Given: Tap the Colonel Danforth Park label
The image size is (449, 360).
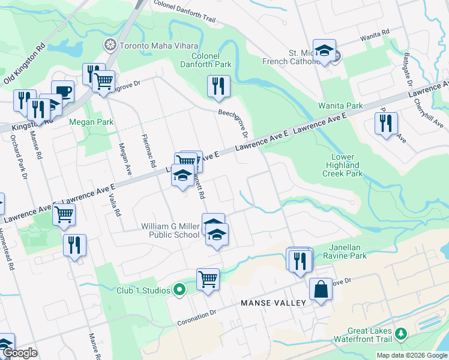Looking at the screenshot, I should point(207,59).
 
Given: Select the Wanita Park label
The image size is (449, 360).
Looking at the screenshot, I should point(340,106).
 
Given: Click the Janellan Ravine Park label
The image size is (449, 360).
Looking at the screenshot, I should point(355,251).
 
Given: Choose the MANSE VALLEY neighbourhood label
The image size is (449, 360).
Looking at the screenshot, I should point(273,303).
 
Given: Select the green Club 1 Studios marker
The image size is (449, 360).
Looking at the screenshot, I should point(179,290).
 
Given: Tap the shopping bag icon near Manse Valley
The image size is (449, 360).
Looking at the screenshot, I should point(321,289).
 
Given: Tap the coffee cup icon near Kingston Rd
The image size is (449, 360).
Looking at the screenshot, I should point(62,92).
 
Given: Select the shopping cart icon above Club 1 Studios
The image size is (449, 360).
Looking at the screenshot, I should point(208,279).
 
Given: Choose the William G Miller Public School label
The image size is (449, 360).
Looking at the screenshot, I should point(170,230).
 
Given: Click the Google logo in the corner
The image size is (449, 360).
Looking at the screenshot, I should point(20,353).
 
